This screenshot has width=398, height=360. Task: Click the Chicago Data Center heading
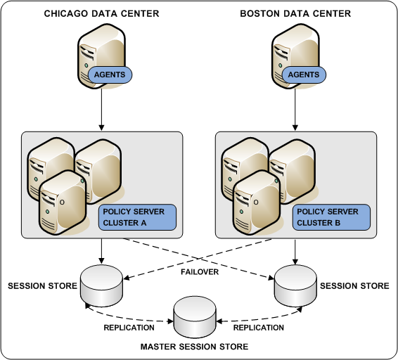tap(101, 13)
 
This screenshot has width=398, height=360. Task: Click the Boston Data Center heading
tap(295, 13)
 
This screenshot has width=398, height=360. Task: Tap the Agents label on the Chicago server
tap(109, 75)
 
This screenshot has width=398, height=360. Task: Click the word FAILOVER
tap(200, 270)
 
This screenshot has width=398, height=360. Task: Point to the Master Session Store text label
tap(194, 347)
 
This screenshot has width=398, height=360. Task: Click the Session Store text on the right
tap(354, 286)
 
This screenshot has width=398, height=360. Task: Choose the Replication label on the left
tap(129, 328)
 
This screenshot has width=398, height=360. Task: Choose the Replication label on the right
tap(258, 328)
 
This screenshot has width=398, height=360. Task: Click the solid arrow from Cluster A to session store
tap(103, 250)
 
